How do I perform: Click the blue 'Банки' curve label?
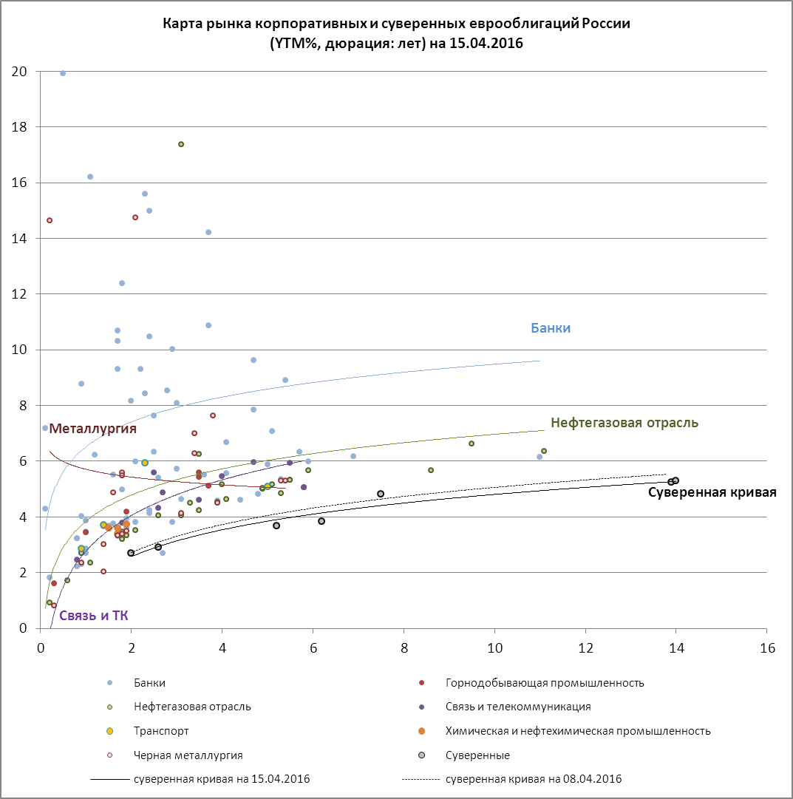[551, 328]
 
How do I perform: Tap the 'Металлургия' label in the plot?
[93, 429]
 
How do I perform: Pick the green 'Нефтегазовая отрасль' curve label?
[624, 424]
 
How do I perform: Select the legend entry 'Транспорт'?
[161, 731]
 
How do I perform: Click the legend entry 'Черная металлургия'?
[188, 755]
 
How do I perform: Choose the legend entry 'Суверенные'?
[477, 755]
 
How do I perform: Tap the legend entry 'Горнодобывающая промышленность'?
[545, 683]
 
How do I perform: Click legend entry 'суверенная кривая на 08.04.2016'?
[534, 779]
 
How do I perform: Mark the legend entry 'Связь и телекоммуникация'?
[518, 707]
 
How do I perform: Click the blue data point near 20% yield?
[63, 73]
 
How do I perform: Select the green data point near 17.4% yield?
[181, 144]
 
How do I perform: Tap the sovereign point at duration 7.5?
[381, 494]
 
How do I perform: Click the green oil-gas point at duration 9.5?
[472, 443]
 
